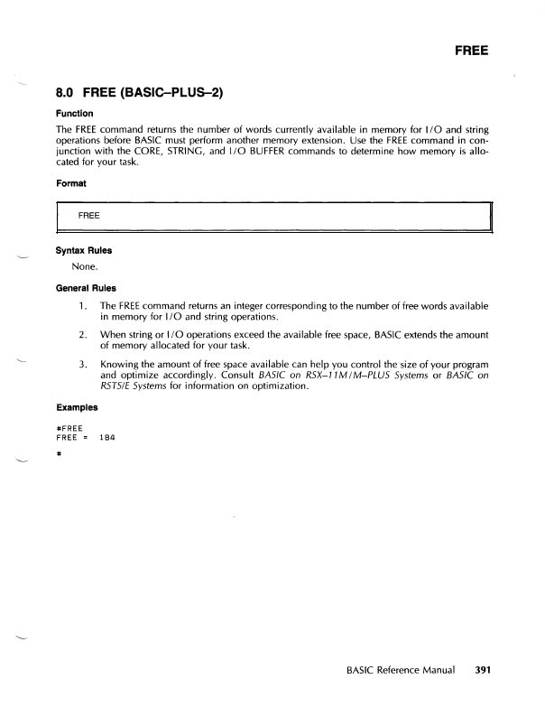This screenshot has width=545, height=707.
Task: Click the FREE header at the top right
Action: click(x=471, y=51)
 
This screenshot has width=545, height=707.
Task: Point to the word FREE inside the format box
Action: click(x=88, y=217)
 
